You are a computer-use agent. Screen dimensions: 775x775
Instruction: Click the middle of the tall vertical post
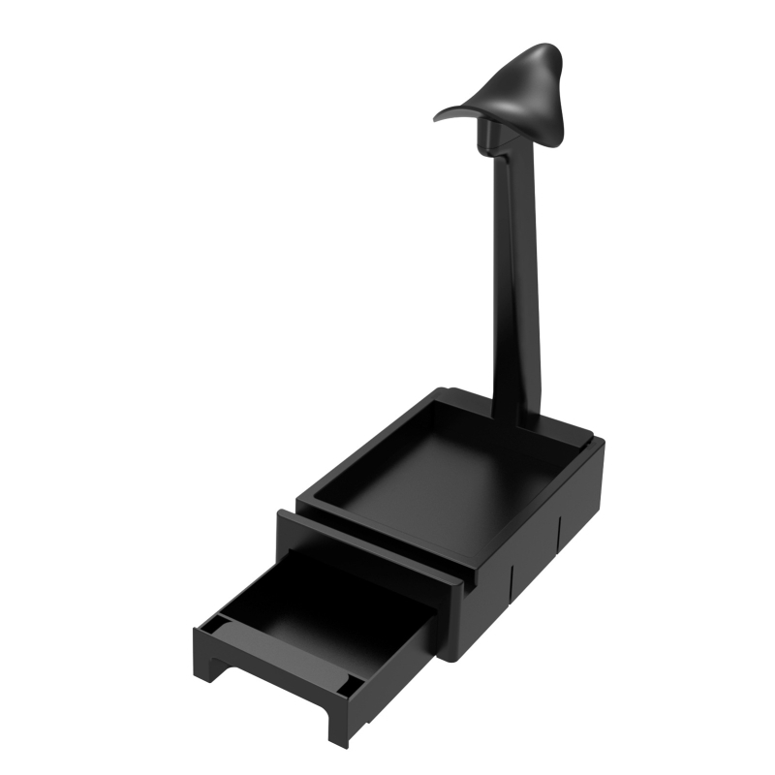(513, 281)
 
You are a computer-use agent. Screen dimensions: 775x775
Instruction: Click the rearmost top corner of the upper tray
(448, 391)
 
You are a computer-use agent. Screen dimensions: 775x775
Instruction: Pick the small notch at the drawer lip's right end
(346, 690)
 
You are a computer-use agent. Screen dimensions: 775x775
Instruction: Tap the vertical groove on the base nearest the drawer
(511, 581)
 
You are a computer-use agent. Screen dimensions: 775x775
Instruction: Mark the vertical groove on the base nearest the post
(561, 533)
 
